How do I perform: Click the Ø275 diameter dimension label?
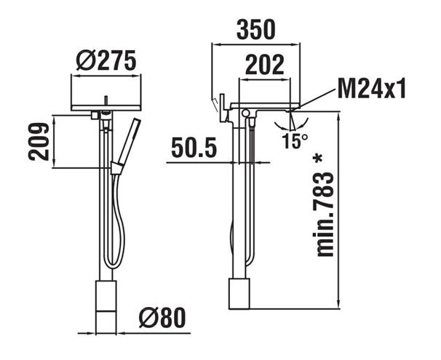[x=106, y=60]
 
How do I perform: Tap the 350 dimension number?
[x=255, y=30]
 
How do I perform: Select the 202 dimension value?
[x=264, y=64]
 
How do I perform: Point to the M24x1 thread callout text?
[x=372, y=88]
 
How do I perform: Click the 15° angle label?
[x=295, y=140]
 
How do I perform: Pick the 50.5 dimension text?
[x=194, y=148]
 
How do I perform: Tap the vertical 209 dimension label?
[x=39, y=141]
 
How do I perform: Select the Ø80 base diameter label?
[x=162, y=318]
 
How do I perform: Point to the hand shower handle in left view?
[x=129, y=141]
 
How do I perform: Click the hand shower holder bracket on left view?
[x=115, y=168]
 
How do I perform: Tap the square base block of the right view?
[x=239, y=293]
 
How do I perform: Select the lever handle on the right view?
[x=223, y=108]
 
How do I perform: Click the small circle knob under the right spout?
[x=245, y=113]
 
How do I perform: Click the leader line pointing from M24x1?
[x=315, y=98]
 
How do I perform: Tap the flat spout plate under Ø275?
[x=106, y=108]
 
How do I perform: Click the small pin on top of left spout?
[x=106, y=101]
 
